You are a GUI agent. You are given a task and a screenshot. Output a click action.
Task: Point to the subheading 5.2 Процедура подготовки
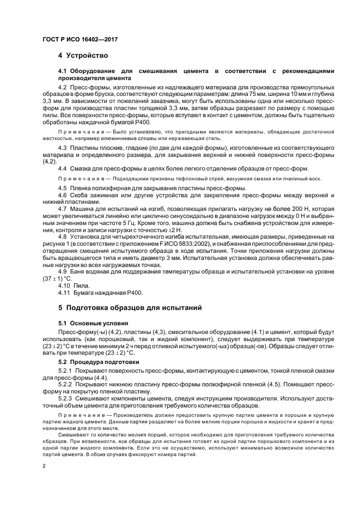pyautogui.click(x=96, y=361)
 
